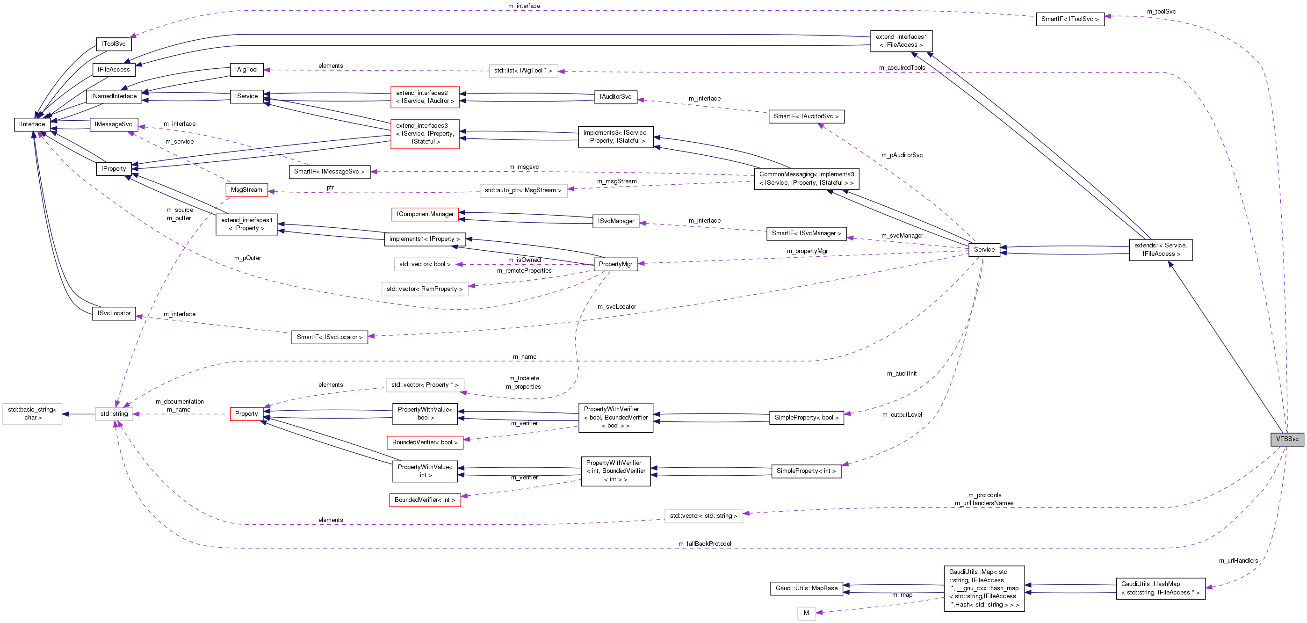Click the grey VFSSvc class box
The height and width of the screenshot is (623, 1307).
coord(1287,439)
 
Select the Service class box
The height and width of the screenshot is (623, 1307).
coord(984,250)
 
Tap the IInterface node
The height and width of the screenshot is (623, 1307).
coord(32,124)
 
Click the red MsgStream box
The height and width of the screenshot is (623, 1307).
coord(246,190)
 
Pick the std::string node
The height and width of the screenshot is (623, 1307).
coord(114,414)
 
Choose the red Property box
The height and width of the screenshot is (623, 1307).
coord(246,414)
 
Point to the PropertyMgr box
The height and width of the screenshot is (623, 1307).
coord(615,264)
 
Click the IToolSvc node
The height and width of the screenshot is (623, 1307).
coord(113,44)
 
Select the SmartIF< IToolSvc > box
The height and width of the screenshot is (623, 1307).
coord(1069,19)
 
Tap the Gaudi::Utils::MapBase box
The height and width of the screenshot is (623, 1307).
coord(806,588)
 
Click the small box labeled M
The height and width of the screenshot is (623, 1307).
coord(806,613)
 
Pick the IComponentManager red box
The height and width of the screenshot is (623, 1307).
coord(425,214)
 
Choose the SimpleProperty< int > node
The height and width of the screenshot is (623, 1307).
coord(806,471)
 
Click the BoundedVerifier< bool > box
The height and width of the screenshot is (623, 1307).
coord(425,442)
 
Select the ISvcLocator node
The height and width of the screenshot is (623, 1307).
coord(114,313)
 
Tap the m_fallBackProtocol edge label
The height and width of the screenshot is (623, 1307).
coord(704,544)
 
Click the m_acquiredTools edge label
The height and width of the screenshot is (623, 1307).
coord(902,68)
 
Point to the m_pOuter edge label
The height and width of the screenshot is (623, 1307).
coord(247,258)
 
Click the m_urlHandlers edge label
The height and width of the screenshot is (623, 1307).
coord(1238,561)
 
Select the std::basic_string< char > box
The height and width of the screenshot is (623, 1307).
coord(32,414)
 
